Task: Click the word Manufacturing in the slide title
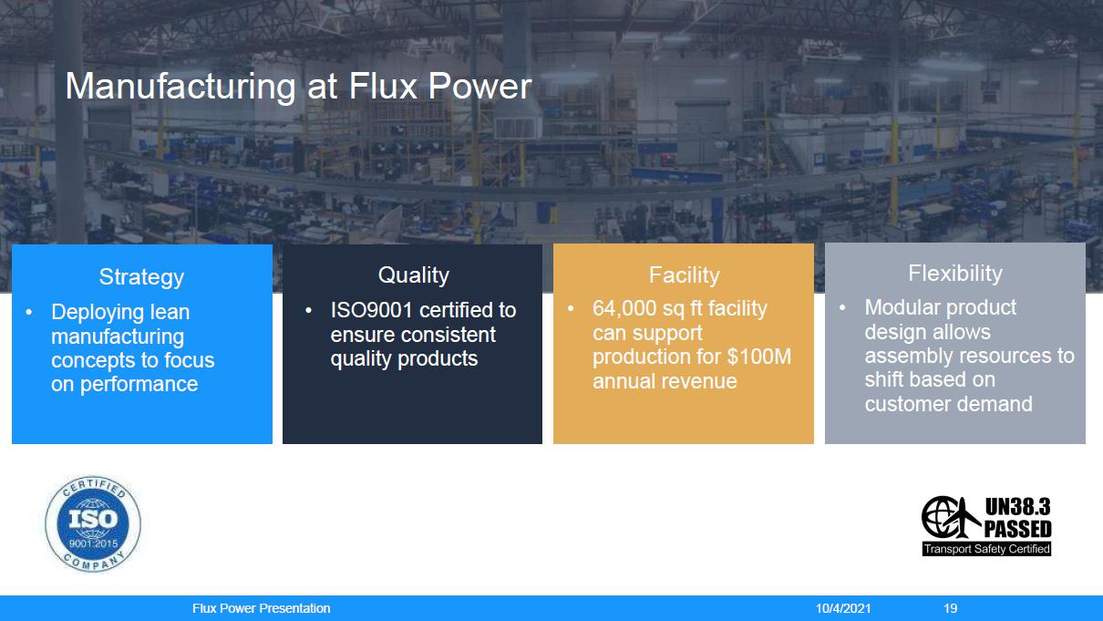tap(180, 87)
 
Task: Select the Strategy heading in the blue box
tap(142, 277)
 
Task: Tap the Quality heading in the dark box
tap(414, 275)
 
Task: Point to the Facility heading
tap(685, 275)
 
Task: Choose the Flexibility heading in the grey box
tap(955, 274)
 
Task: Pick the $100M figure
tap(758, 357)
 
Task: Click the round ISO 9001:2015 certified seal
tap(93, 524)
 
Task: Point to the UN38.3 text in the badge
tap(1018, 507)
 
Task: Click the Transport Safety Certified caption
tap(987, 549)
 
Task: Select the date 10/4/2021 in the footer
tap(843, 608)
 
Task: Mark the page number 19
tap(951, 608)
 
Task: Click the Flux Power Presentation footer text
tap(261, 608)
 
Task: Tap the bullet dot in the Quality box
tap(309, 311)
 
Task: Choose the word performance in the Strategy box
tap(139, 385)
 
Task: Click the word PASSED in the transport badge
tap(1018, 530)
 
